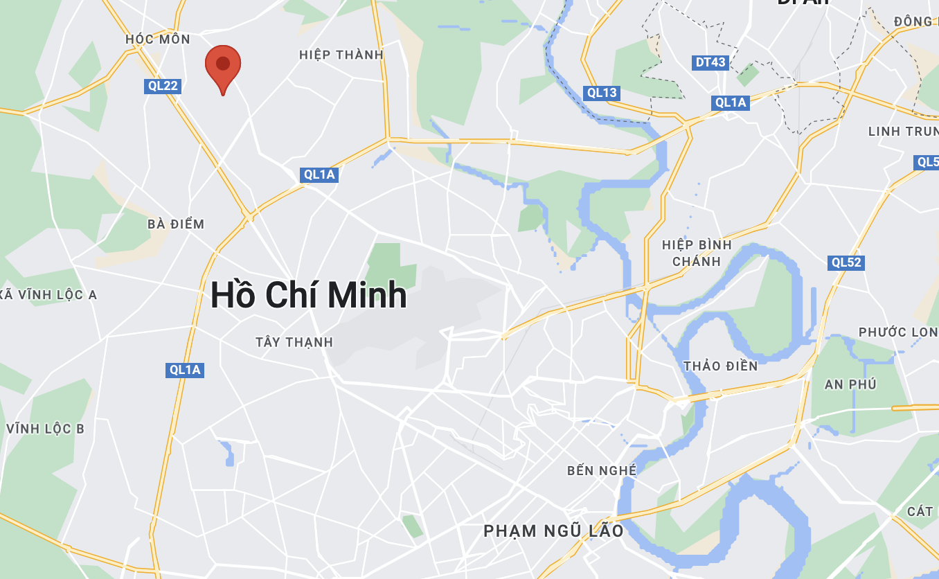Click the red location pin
tap(223, 66)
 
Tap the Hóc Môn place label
tap(158, 39)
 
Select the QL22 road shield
tap(163, 86)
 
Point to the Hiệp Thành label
tap(341, 55)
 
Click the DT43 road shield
tap(710, 63)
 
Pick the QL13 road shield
tap(601, 93)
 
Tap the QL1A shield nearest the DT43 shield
tap(731, 103)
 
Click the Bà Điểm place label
tap(176, 224)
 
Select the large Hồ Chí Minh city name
tap(308, 295)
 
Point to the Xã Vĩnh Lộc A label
tap(48, 295)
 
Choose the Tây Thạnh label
tap(294, 342)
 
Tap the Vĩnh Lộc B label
tap(45, 429)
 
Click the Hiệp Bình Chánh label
tap(697, 253)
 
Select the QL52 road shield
tap(846, 262)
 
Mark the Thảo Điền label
tap(720, 366)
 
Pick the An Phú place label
tap(850, 384)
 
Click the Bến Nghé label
tap(601, 471)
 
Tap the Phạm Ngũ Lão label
tap(553, 531)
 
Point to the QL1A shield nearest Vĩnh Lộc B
tap(185, 370)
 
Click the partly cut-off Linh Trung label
tap(903, 132)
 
